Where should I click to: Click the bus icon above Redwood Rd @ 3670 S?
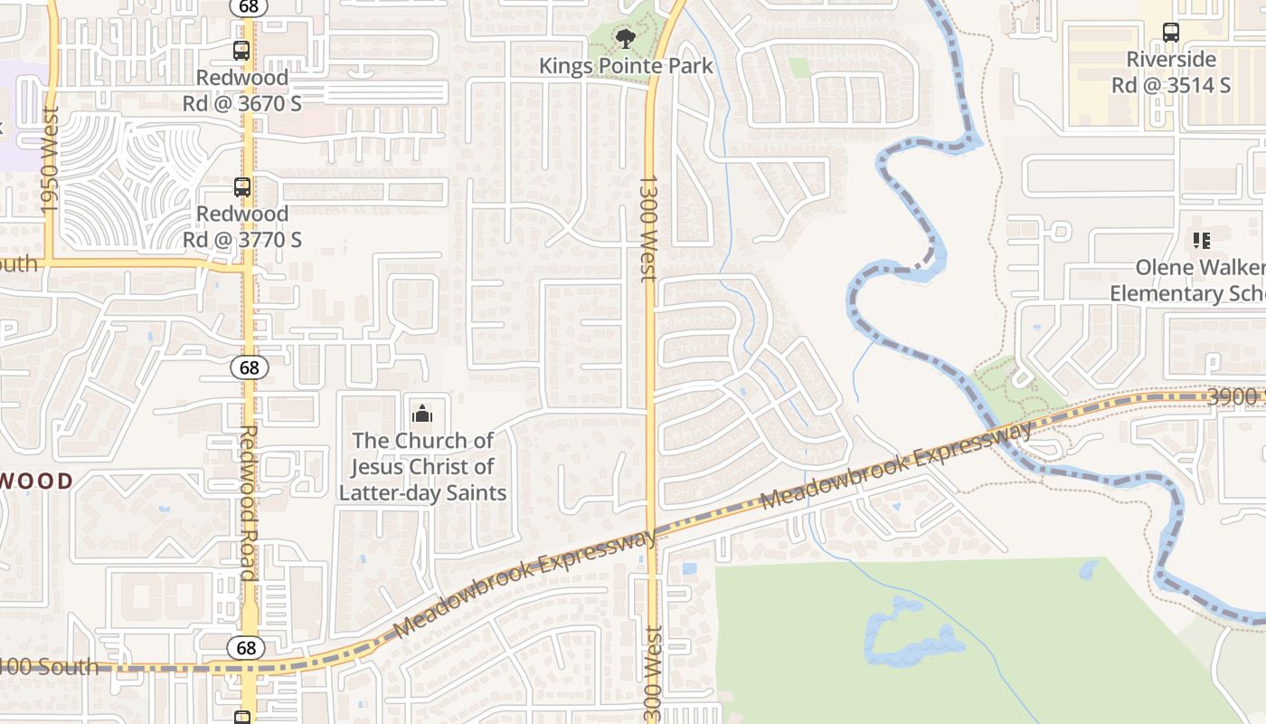coord(241,51)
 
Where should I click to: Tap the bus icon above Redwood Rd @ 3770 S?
coord(241,187)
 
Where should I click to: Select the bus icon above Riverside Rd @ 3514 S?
coord(1171,33)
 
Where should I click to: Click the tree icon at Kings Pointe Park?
coord(624,38)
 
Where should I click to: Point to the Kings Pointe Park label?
coord(626,66)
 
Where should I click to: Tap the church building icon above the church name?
coord(422,414)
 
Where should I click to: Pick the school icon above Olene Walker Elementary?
coord(1202,241)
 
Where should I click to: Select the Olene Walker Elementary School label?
coord(1187,281)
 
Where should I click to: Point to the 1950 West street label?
coord(50,160)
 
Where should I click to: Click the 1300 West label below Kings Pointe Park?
coord(648,228)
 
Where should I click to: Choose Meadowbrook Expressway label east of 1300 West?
coord(896,465)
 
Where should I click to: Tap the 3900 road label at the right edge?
coord(1235,396)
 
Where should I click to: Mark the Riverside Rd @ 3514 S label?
coord(1171,71)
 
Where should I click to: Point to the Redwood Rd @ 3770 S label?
coord(241,226)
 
